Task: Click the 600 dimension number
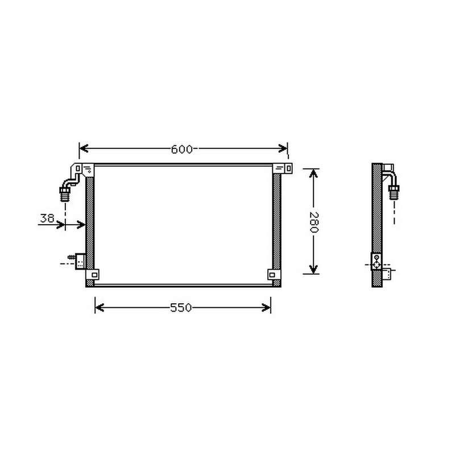[181, 149]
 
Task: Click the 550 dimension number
[181, 308]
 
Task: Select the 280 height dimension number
[314, 222]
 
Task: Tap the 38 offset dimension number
[47, 218]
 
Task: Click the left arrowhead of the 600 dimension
[84, 148]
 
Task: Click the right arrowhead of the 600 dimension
[283, 148]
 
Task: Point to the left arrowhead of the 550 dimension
[100, 308]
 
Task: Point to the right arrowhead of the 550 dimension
[266, 308]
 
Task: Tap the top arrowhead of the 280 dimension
[313, 173]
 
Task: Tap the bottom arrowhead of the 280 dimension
[313, 269]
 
